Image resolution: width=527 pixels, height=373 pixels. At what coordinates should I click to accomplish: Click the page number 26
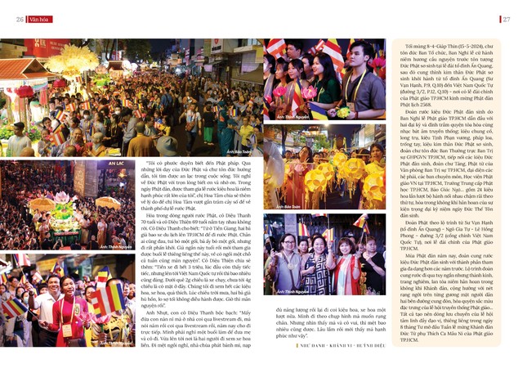18,19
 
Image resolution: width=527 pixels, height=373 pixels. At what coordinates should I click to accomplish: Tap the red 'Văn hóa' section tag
39,19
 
